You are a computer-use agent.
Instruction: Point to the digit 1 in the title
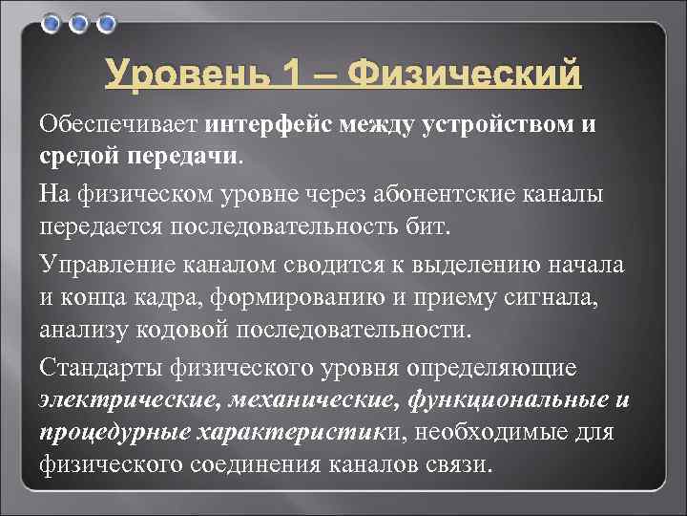tap(279, 74)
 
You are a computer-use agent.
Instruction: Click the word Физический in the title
tap(465, 74)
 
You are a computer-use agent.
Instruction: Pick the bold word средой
tap(81, 154)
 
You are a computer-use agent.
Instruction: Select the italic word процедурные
tap(114, 432)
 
